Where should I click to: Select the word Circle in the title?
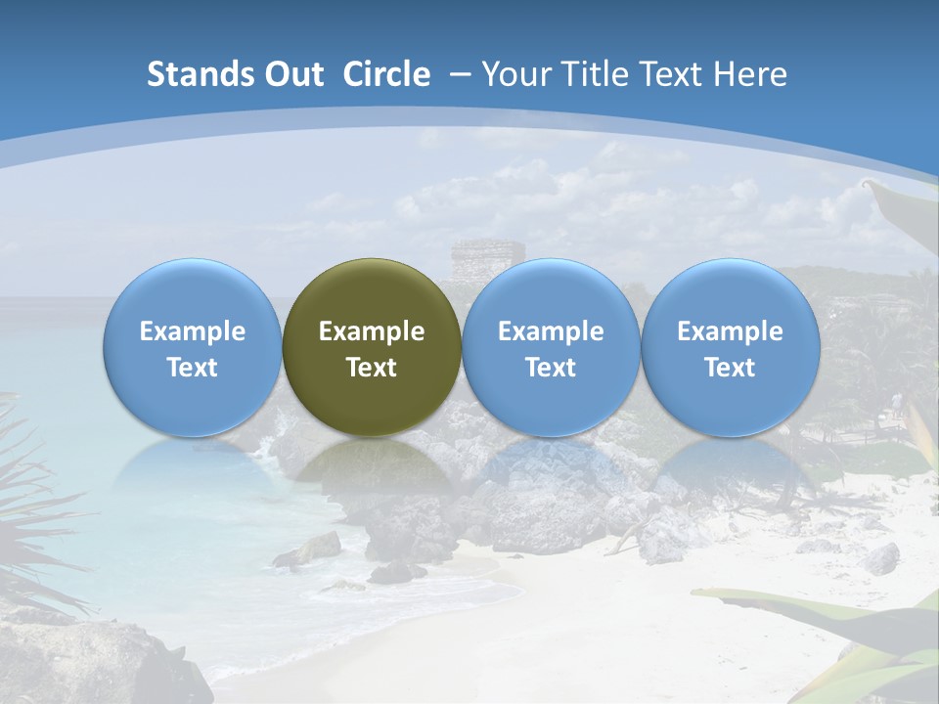coord(386,74)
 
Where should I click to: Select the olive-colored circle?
coord(372,347)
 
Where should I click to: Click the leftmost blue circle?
coord(193,347)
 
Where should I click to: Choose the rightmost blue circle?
coord(730,347)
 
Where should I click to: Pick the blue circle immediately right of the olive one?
coord(551,347)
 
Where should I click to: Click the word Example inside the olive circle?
coord(372,331)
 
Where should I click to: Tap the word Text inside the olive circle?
coord(372,368)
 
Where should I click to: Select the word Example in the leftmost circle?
coord(193,331)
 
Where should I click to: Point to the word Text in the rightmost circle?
coord(730,368)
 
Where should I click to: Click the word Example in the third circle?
coord(551,331)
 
